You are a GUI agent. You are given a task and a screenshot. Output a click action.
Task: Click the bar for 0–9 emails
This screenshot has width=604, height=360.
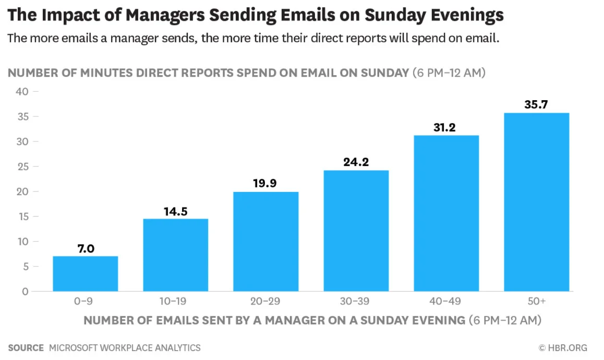[86, 274]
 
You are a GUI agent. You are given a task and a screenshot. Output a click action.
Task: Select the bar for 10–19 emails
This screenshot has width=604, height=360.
[176, 255]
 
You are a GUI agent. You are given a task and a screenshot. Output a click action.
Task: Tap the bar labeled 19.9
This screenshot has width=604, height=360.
[266, 242]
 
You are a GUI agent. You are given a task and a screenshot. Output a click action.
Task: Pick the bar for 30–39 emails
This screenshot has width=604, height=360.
[356, 231]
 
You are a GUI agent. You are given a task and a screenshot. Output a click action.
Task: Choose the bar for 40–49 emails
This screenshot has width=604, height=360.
[446, 213]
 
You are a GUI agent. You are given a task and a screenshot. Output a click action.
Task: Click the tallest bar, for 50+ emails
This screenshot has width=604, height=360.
[537, 202]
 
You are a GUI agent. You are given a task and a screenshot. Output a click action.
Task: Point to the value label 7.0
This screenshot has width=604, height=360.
[86, 248]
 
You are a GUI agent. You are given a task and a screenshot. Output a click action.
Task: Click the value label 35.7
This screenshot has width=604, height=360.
[536, 105]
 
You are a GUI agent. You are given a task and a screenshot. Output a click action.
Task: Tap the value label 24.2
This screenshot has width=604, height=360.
[356, 162]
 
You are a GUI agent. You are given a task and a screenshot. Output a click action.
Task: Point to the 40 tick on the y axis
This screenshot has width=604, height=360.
[21, 91]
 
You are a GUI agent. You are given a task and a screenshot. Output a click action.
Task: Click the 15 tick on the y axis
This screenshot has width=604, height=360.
[21, 217]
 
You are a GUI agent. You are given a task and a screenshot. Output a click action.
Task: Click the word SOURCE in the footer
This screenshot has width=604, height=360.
[26, 347]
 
